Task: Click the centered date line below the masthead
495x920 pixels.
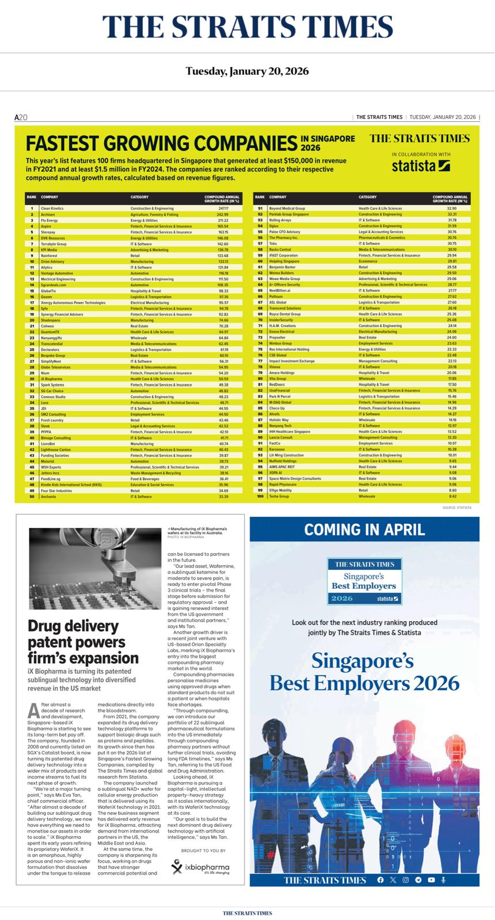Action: pos(247,71)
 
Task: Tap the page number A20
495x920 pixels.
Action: pos(21,117)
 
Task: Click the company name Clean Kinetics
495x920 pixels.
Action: pos(52,208)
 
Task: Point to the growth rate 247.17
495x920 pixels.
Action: pos(223,208)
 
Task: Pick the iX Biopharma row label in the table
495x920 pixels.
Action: pos(52,379)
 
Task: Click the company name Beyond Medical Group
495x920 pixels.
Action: pos(287,208)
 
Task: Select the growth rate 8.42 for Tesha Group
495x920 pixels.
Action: pos(452,496)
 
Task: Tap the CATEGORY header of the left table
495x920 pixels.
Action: pos(139,197)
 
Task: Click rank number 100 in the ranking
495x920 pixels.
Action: pos(260,496)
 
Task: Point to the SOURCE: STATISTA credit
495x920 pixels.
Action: pos(457,508)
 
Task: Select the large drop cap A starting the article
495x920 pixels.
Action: pos(33,711)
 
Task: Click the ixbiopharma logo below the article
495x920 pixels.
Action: pos(200,867)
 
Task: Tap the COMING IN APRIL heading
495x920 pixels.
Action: pos(364,530)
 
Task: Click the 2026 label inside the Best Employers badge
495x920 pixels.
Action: pos(342,599)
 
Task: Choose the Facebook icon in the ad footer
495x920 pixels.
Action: pos(380,880)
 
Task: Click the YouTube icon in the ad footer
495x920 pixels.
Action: pos(431,880)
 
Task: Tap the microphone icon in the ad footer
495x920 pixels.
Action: pos(444,880)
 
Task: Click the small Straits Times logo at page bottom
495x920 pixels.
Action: pos(247,913)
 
